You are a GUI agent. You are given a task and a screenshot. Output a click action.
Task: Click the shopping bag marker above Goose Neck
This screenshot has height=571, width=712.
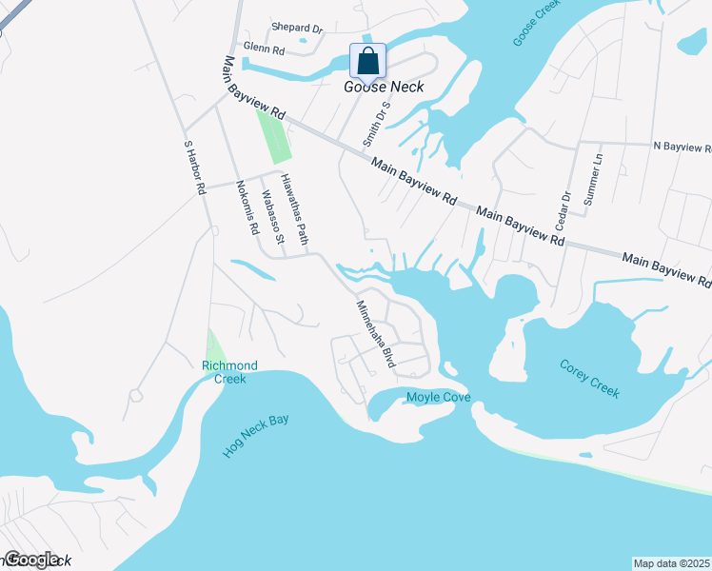(368, 62)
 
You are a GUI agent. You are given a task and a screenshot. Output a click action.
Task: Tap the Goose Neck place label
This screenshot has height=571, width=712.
(384, 87)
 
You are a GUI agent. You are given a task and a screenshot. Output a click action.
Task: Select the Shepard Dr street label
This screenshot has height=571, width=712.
(297, 29)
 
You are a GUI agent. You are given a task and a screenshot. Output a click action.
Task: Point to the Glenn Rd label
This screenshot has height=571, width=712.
(264, 48)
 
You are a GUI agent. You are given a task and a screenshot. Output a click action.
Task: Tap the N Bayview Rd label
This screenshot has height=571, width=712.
(682, 147)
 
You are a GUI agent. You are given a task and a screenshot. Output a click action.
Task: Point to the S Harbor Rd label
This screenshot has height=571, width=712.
(194, 167)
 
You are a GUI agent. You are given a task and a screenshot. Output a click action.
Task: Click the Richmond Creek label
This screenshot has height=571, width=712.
(229, 372)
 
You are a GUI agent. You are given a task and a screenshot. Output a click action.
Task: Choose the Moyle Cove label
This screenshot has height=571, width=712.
(439, 397)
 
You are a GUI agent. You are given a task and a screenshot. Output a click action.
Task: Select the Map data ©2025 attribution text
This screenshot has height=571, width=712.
(672, 562)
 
